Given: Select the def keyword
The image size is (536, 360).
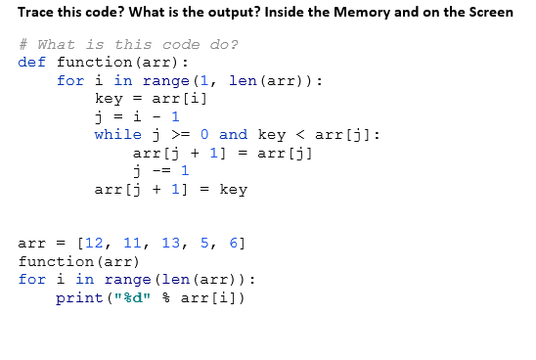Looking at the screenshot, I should pos(32,63).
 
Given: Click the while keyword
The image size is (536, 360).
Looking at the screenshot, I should pos(117,134).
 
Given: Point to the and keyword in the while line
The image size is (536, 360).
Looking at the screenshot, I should pos(233,134).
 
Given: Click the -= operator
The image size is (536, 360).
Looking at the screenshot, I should pos(160,170).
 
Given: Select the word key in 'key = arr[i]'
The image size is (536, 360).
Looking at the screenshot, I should pos(108,99).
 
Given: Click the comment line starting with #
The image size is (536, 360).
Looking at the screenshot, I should pos(127,45).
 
